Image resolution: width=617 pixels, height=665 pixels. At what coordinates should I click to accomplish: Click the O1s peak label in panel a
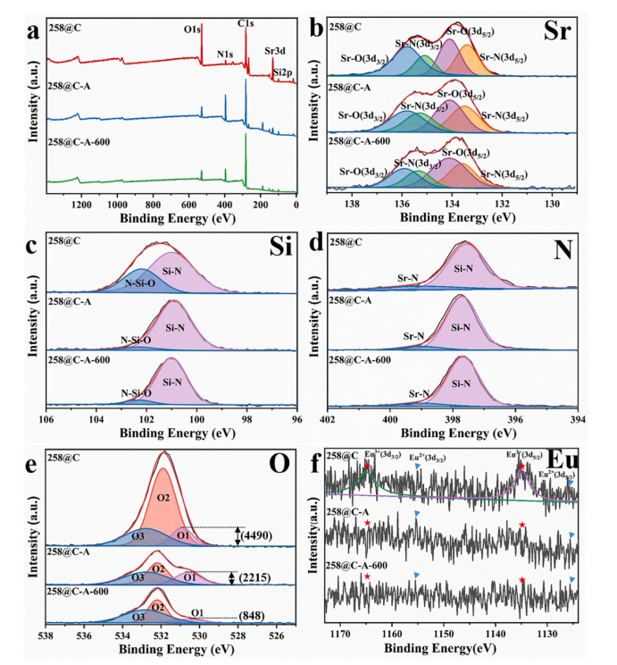192,30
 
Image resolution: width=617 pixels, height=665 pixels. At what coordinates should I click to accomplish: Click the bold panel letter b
314,29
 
